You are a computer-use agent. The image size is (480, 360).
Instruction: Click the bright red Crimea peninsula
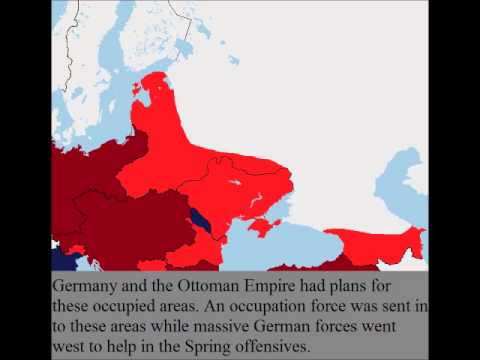tap(263, 229)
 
